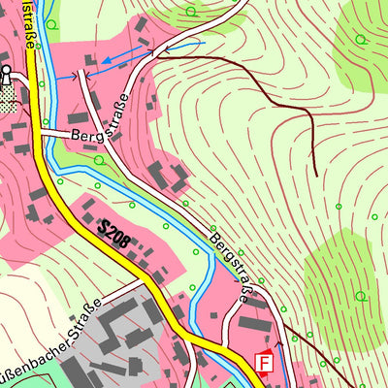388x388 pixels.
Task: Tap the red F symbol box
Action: click(x=262, y=363)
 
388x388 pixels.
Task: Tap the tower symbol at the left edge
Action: click(x=6, y=74)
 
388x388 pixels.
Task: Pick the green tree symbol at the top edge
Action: click(x=190, y=12)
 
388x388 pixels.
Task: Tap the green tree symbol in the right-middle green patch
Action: click(x=361, y=296)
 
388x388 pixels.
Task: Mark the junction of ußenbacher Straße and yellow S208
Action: click(x=146, y=280)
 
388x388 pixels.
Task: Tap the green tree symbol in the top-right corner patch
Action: click(x=360, y=39)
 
